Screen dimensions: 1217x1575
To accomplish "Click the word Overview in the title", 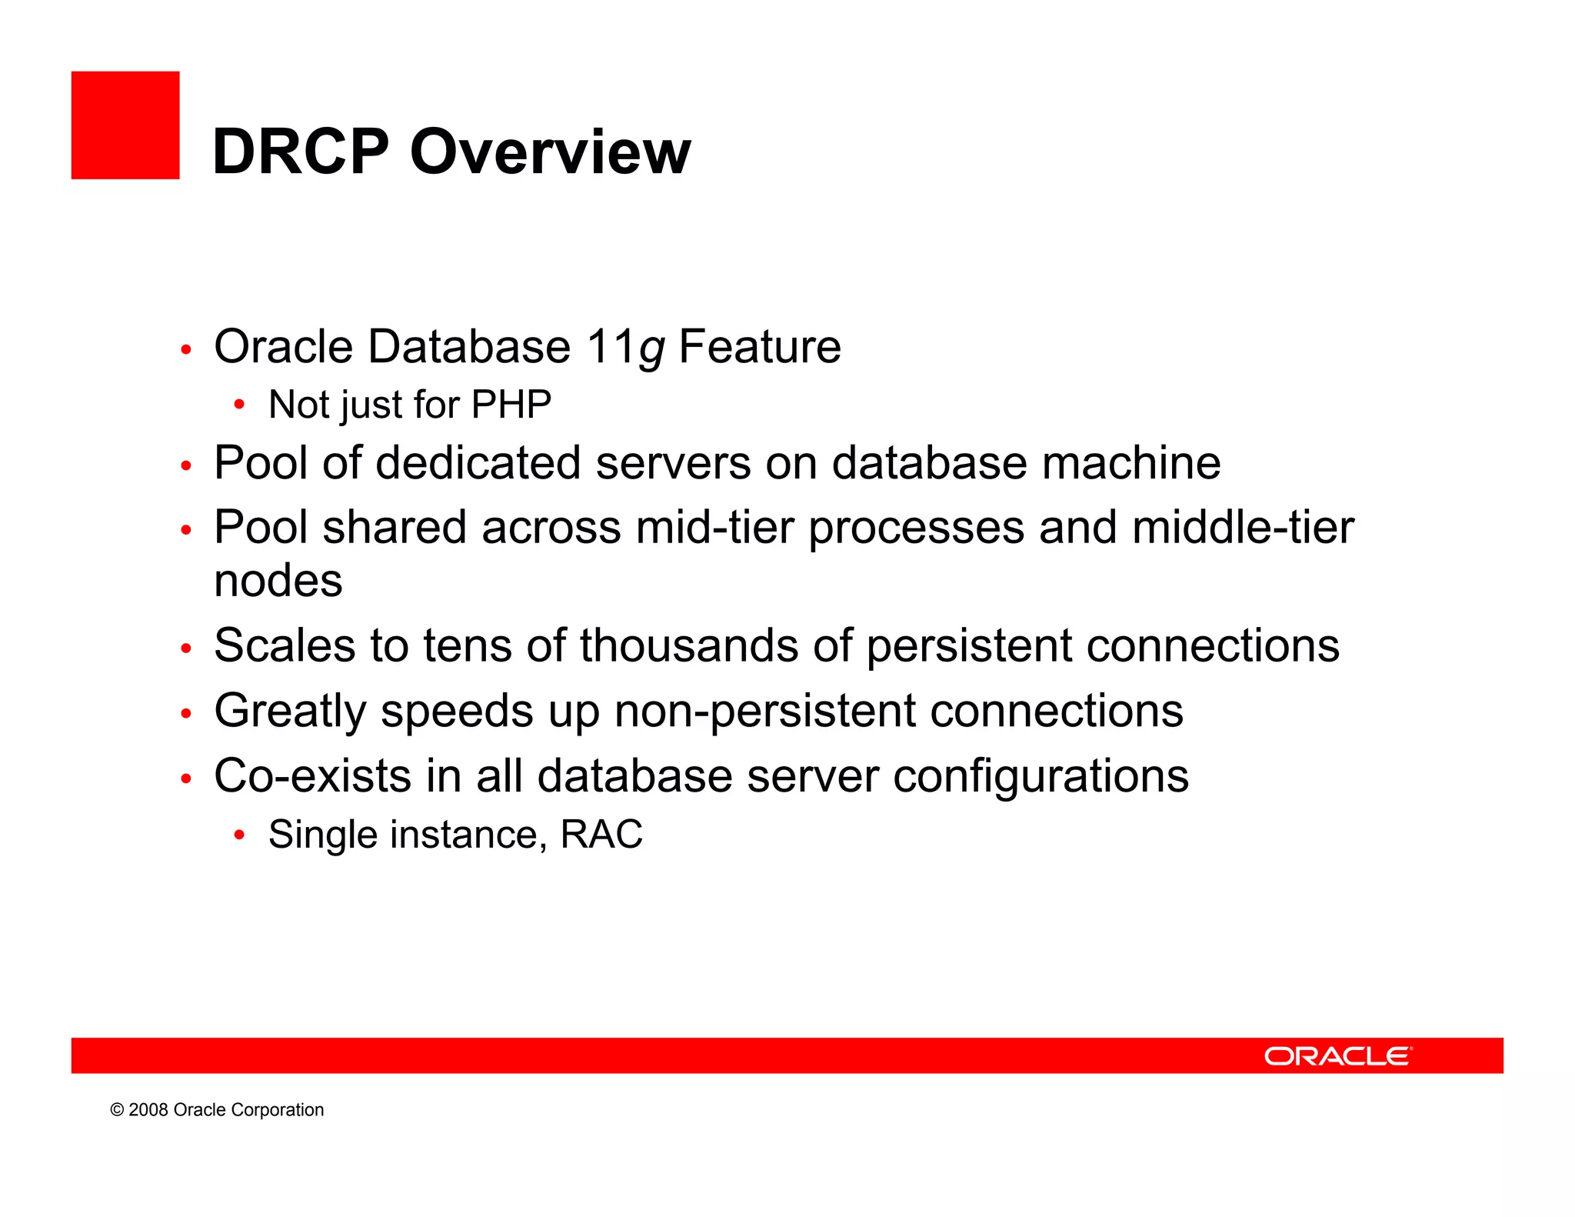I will coord(551,152).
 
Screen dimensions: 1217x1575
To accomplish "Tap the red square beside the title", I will coord(125,125).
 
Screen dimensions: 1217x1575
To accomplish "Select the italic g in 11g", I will coord(651,350).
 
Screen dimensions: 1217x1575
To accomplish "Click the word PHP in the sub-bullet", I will coord(511,405).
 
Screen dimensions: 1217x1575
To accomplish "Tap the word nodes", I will coord(278,581).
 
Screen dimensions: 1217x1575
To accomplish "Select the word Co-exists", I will coord(312,776).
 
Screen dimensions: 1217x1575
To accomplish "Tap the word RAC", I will coord(601,835).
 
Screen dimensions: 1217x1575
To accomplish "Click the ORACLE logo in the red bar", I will coord(1338,1056).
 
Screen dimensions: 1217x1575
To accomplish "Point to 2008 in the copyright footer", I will coord(148,1110).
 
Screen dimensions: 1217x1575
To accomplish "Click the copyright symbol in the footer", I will coord(117,1110).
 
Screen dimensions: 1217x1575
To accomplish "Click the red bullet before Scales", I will coord(185,649).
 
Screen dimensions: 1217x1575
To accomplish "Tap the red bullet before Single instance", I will coord(239,835).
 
